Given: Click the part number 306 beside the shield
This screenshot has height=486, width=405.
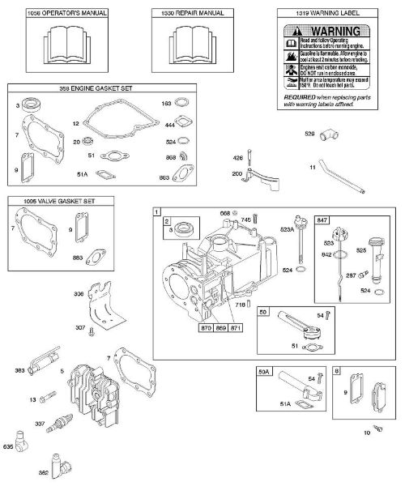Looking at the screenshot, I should [78, 295].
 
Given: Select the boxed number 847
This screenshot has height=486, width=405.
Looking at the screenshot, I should [323, 220].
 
